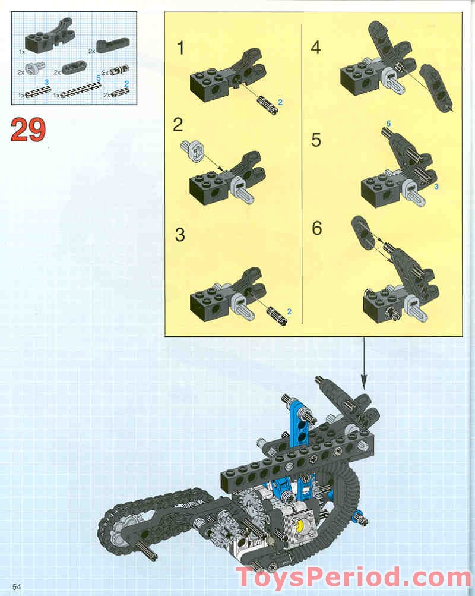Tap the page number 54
tap(16, 586)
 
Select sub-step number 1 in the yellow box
tap(181, 48)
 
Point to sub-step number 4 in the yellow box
tap(316, 47)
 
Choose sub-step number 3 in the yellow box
tap(180, 234)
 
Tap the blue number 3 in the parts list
tap(46, 81)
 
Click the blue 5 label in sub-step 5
tap(389, 123)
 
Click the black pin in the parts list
tap(114, 72)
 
